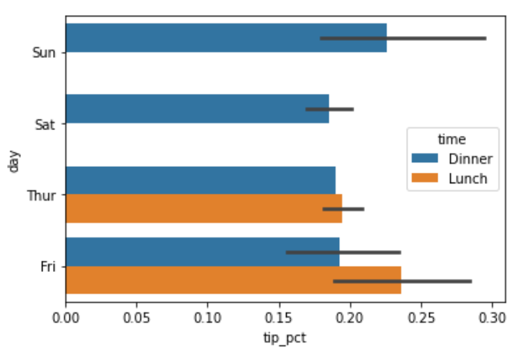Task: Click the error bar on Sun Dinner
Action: pyautogui.click(x=403, y=38)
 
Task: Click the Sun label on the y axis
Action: pyautogui.click(x=44, y=53)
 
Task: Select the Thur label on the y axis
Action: pyautogui.click(x=41, y=195)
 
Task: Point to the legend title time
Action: pyautogui.click(x=452, y=139)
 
